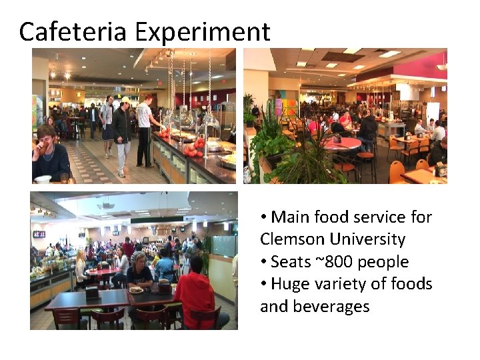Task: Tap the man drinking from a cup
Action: pyautogui.click(x=48, y=152)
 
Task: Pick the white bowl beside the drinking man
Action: pyautogui.click(x=43, y=179)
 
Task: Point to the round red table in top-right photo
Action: pyautogui.click(x=342, y=143)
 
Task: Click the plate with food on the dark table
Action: pyautogui.click(x=136, y=289)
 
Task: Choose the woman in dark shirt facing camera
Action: pyautogui.click(x=139, y=270)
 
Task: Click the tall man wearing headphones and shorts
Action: pyautogui.click(x=107, y=124)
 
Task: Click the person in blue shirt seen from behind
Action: pyautogui.click(x=165, y=264)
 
